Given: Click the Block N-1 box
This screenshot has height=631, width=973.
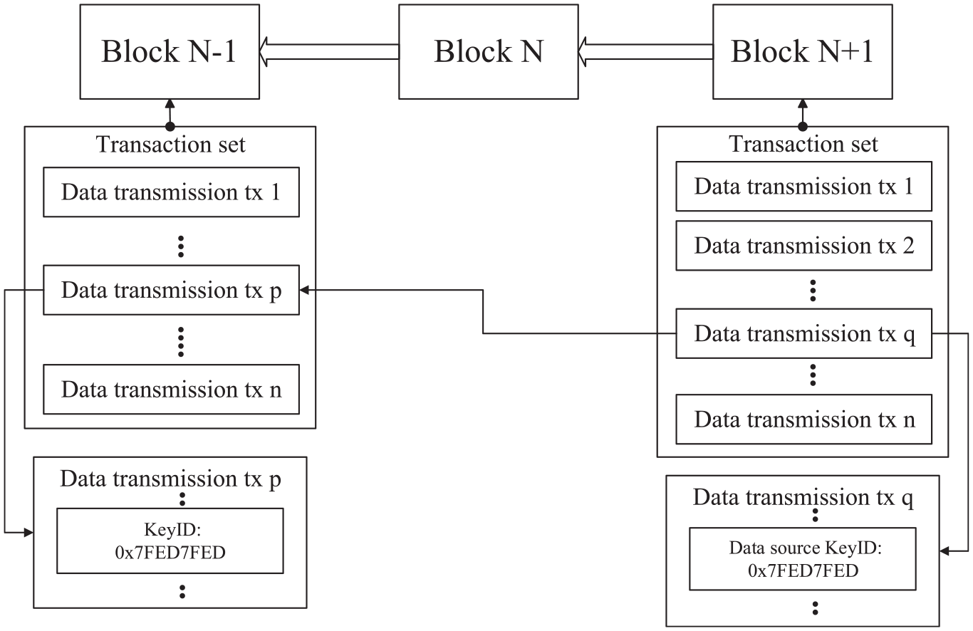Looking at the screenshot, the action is click(170, 52).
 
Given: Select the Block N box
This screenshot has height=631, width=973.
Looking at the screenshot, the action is click(488, 52).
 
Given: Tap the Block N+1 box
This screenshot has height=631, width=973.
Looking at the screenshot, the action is click(803, 52).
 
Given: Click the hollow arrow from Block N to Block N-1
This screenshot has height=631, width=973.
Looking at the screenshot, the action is click(329, 52).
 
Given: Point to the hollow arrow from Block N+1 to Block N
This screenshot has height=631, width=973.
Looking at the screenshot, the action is click(645, 52).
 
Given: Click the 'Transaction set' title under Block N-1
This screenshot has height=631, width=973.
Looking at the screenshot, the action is click(171, 144).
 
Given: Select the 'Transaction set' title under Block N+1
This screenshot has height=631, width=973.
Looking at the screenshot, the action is click(803, 144).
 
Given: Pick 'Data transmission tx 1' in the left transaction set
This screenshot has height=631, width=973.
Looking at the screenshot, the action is click(171, 192).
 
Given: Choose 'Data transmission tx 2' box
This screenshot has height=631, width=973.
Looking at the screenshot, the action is click(803, 246).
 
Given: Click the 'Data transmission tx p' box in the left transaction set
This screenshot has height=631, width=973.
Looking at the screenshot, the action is click(171, 290).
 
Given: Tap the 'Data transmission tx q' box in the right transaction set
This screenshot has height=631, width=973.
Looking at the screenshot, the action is click(803, 333).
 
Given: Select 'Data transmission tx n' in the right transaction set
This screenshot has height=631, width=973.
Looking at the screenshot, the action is click(803, 419).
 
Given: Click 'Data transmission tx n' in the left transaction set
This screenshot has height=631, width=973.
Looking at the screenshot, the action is click(171, 389).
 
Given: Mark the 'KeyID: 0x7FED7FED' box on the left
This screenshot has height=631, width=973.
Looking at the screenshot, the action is click(170, 541).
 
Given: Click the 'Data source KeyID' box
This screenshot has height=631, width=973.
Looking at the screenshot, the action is click(803, 559).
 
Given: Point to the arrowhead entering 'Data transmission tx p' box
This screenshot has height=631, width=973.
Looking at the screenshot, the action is click(304, 290).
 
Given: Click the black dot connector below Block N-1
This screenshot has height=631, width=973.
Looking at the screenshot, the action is click(170, 127).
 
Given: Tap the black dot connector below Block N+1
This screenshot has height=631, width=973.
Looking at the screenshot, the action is click(803, 127).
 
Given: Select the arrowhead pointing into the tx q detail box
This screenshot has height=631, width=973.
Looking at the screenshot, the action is click(945, 551).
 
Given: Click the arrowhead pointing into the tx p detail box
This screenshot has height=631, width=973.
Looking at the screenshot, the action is click(28, 533).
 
